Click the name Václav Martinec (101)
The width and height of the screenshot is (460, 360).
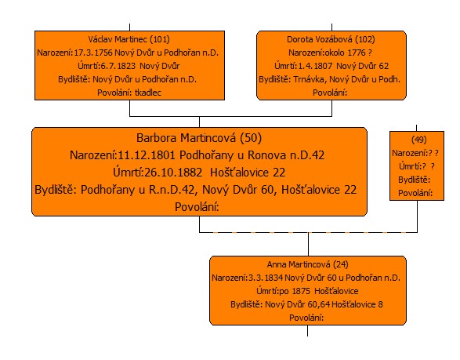(129, 39)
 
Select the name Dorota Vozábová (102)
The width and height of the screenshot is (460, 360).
(331, 39)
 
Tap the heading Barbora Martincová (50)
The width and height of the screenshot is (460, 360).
(199, 138)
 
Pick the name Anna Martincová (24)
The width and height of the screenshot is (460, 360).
(307, 264)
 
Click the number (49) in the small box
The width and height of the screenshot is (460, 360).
(419, 140)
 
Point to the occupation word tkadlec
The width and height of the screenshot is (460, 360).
(148, 93)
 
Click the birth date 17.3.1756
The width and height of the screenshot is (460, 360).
(93, 53)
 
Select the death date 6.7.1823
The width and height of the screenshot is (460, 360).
(118, 66)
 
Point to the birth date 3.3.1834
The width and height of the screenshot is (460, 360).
(266, 278)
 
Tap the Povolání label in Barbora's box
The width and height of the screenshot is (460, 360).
(197, 207)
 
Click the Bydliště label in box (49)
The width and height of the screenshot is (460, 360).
(414, 180)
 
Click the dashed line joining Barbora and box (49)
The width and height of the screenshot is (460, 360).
(308, 233)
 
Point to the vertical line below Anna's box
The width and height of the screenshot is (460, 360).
(307, 331)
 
